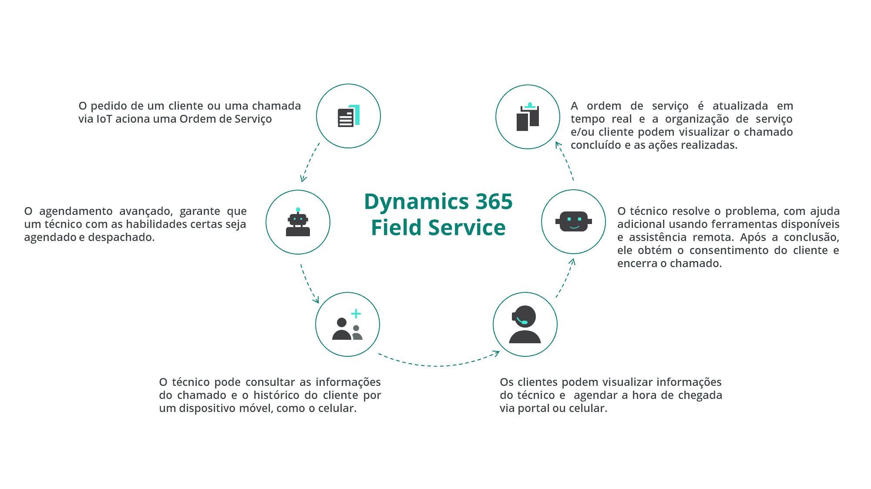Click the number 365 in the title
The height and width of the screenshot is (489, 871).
pos(494,202)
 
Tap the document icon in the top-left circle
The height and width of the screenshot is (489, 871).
pos(348,116)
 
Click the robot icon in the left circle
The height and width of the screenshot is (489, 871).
pos(298,223)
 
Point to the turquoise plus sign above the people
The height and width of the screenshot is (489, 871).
pos(356,314)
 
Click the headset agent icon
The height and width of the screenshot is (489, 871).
pos(525,325)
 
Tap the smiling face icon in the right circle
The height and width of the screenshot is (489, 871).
pos(573,221)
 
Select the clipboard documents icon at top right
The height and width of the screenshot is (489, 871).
pos(528,117)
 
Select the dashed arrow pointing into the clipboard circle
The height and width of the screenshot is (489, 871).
pos(565,161)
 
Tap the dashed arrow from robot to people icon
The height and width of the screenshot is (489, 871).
pos(309,284)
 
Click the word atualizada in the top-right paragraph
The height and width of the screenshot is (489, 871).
pos(740,106)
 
